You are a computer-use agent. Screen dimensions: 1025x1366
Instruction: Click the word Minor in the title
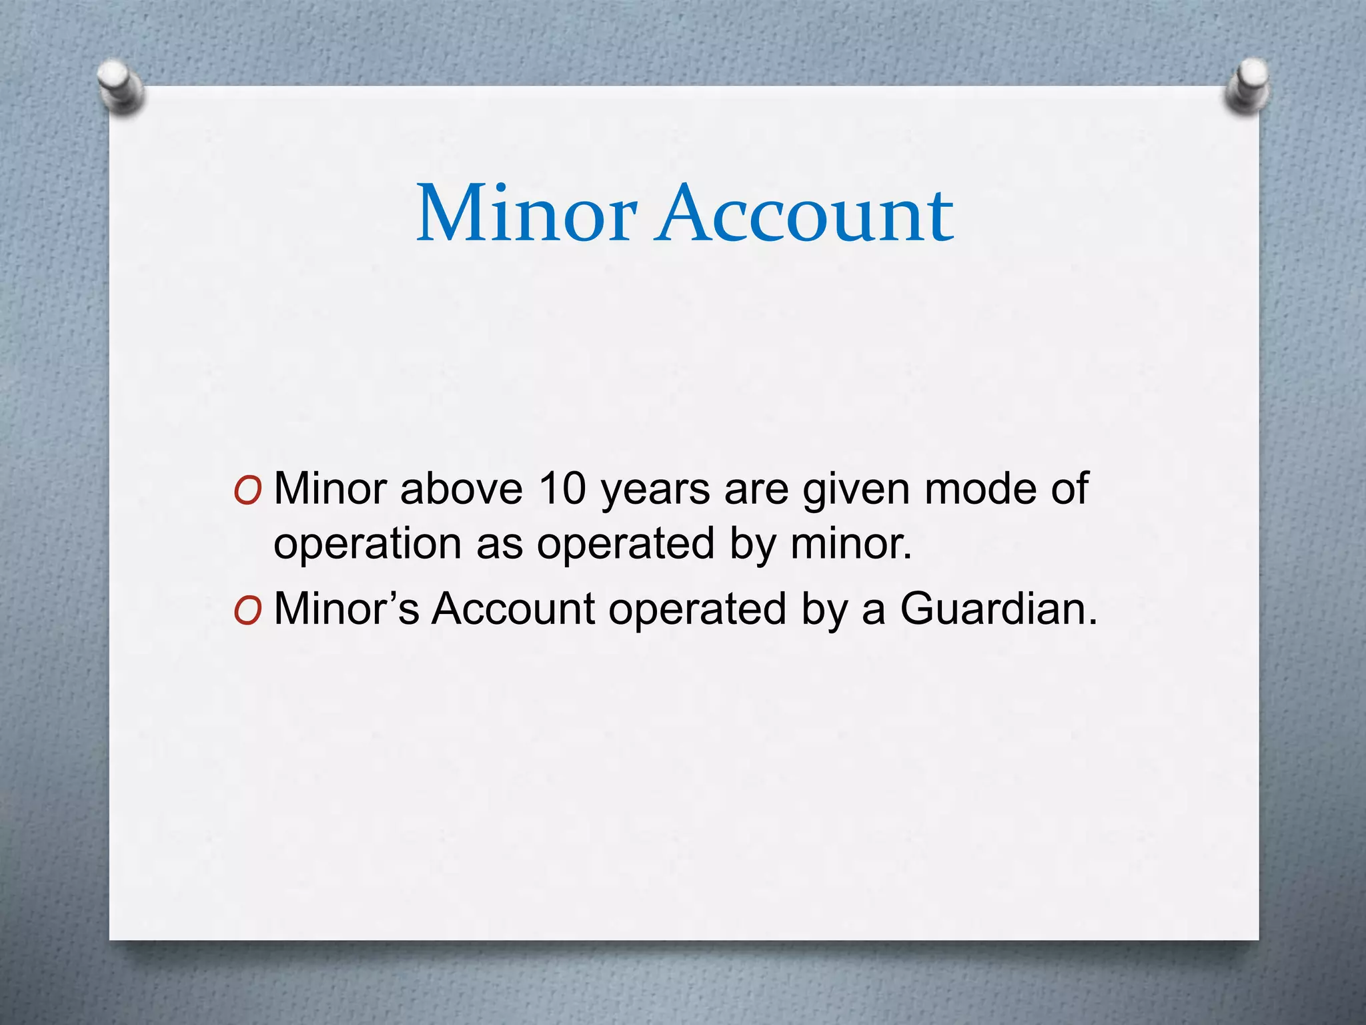tap(526, 214)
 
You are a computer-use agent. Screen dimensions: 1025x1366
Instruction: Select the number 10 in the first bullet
tap(562, 488)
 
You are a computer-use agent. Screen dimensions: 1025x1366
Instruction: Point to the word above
tap(461, 488)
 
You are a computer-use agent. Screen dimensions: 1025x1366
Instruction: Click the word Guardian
tap(998, 609)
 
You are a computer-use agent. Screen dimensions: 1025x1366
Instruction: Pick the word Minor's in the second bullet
tap(346, 609)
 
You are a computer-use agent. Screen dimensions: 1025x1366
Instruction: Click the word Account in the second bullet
tap(513, 609)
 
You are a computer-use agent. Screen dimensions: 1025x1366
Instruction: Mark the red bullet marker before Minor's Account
tap(247, 611)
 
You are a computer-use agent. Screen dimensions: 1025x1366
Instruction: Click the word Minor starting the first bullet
tap(330, 488)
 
